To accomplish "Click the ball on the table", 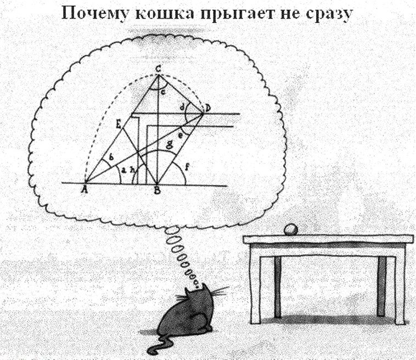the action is tap(291, 230).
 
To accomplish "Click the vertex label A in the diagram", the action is tap(85, 189).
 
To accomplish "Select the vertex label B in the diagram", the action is tap(158, 190).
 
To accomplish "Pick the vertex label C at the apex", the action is tap(158, 70).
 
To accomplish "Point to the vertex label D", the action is tap(207, 108).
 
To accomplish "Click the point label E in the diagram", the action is tap(119, 123).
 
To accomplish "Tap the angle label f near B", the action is tap(187, 167).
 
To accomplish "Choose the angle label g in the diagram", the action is tap(169, 144).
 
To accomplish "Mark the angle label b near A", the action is tap(112, 157).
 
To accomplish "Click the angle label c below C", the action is tap(164, 92).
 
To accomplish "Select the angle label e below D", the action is tap(181, 136).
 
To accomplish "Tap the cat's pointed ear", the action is tap(188, 291).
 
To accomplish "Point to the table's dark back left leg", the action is tap(278, 287).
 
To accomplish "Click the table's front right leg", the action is tap(400, 289).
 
